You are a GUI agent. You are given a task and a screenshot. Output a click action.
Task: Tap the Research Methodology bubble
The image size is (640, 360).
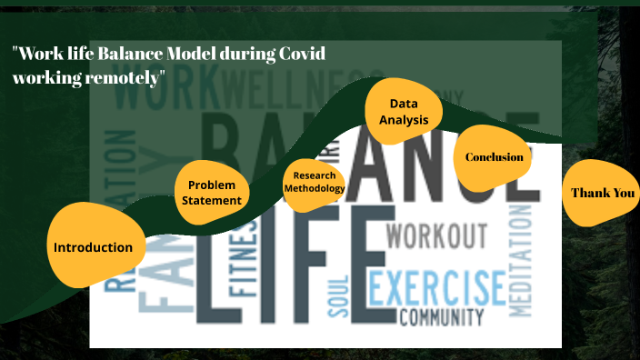[315, 182]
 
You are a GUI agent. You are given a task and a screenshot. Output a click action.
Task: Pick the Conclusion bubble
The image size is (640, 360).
[494, 157]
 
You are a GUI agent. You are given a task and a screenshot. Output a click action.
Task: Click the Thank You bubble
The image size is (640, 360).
[602, 193]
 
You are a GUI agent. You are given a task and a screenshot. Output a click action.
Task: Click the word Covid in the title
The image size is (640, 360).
[302, 53]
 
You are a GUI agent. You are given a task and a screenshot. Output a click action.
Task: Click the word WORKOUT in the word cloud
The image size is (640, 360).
[436, 236]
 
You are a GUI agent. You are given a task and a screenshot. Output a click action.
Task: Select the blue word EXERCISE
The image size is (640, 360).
[436, 287]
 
